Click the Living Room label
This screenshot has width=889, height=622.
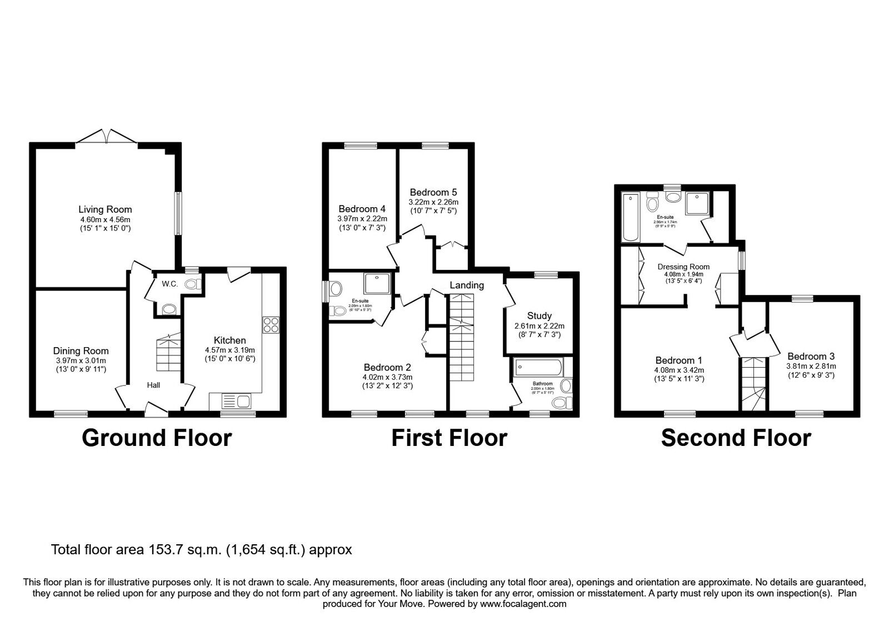pos(105,209)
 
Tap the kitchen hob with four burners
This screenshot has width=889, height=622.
pos(271,324)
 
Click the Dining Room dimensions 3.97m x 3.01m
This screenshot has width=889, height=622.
pos(81,360)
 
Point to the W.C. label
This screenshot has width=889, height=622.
pos(169,284)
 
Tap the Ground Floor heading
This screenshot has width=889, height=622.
pos(157,438)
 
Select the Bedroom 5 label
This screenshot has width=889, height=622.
pos(433,193)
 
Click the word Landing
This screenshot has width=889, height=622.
pos(467,285)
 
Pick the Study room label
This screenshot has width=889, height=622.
pos(539,316)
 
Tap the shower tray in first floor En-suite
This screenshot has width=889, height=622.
pos(378,283)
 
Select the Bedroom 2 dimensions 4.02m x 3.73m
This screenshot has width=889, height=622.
pos(387,377)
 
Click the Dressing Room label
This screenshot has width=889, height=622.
pos(683,267)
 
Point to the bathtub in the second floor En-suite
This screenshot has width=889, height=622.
pos(631,217)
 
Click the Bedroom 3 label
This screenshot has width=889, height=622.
pos(811,356)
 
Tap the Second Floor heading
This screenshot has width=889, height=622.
pos(736,438)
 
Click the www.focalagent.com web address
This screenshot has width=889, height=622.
pos(523,604)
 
